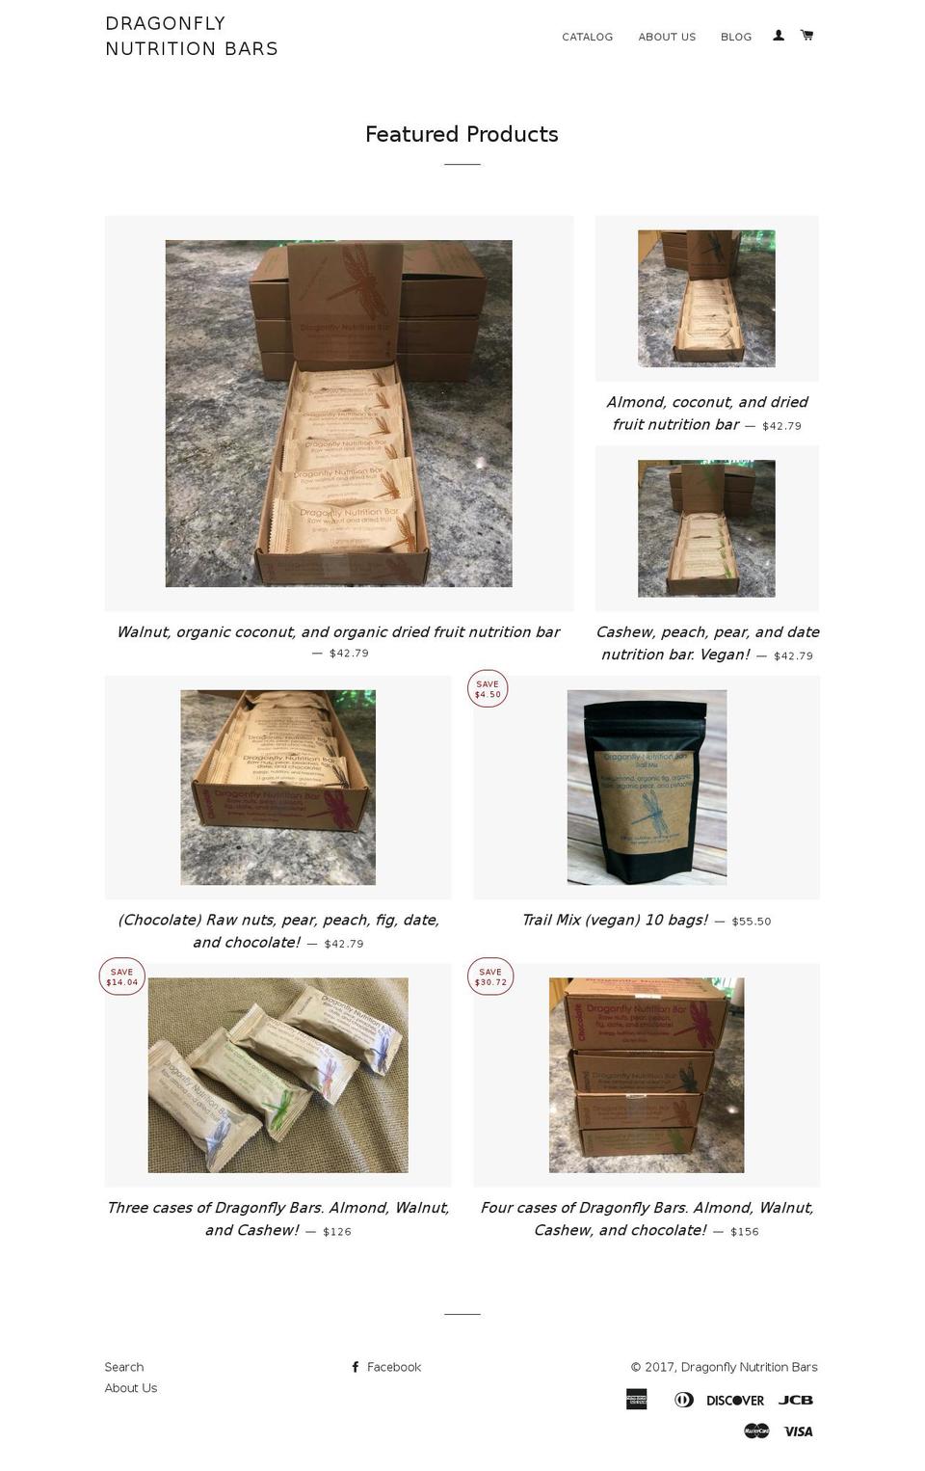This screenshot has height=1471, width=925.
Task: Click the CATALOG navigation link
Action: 587,37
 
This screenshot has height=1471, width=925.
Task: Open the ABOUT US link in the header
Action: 666,37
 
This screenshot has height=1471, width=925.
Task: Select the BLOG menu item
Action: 735,37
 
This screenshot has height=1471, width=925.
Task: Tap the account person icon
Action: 779,36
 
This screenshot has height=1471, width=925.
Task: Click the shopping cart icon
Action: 806,36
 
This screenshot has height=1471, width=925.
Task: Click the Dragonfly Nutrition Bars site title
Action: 192,36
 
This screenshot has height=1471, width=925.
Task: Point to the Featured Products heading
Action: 462,134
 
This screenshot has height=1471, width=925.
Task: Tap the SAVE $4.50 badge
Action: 488,688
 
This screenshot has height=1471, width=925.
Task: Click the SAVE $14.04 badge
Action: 122,976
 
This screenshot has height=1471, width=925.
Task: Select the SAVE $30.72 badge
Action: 490,976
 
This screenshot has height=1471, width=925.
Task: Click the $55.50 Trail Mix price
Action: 751,922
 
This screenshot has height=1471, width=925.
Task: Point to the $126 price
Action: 336,1232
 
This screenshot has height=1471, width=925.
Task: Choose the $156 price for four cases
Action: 744,1232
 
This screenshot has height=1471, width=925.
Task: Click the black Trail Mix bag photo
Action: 647,787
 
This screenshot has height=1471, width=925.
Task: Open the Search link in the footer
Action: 124,1367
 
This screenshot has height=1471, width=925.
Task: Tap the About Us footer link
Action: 131,1388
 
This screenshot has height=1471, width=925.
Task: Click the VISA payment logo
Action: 798,1431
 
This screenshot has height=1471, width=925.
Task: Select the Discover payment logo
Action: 734,1401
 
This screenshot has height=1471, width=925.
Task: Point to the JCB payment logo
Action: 795,1401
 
